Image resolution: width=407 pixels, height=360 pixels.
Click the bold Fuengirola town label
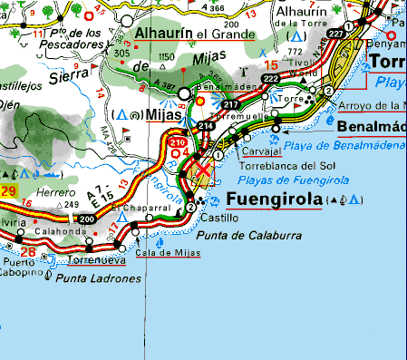pyautogui.click(x=274, y=199)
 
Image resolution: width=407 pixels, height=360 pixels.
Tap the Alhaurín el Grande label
pyautogui.click(x=193, y=34)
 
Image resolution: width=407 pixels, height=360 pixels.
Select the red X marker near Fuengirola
pyautogui.click(x=205, y=170)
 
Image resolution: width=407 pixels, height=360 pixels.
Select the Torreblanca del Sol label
pyautogui.click(x=287, y=166)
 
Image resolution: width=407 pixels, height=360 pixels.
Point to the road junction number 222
pyautogui.click(x=270, y=80)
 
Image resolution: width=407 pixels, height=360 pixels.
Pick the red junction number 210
pyautogui.click(x=178, y=141)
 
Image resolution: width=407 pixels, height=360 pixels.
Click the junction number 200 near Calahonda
pyautogui.click(x=87, y=219)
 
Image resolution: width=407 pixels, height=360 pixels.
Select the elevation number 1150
pyautogui.click(x=166, y=57)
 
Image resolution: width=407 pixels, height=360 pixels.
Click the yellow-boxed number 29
pyautogui.click(x=8, y=190)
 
